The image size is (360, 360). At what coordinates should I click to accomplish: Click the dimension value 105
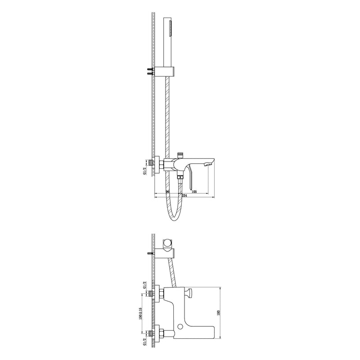click(x=194, y=192)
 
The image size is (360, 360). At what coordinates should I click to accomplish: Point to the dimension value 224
click(x=184, y=196)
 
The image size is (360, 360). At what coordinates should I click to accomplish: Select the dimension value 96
click(x=167, y=192)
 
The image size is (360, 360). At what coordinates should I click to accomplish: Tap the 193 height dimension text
click(x=219, y=313)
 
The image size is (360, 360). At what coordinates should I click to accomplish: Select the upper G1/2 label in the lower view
click(x=144, y=285)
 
